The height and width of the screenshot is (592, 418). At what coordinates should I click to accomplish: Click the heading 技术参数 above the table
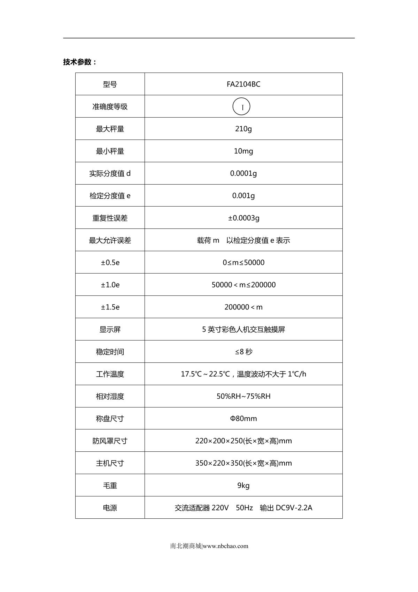pyautogui.click(x=79, y=62)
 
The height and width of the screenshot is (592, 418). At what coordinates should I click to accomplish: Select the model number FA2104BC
pyautogui.click(x=243, y=84)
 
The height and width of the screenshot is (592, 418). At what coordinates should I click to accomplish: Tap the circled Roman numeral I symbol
pyautogui.click(x=241, y=106)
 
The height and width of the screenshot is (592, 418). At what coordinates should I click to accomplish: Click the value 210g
pyautogui.click(x=243, y=129)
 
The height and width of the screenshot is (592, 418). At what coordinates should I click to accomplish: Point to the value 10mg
pyautogui.click(x=243, y=151)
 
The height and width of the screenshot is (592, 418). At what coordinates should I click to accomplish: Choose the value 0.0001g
pyautogui.click(x=243, y=173)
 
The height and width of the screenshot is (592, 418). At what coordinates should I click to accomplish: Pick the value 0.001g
pyautogui.click(x=243, y=196)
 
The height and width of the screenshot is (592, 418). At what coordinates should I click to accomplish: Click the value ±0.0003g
pyautogui.click(x=243, y=218)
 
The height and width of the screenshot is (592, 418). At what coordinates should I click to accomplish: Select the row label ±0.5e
pyautogui.click(x=110, y=263)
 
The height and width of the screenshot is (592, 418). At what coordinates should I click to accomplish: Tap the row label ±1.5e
pyautogui.click(x=110, y=307)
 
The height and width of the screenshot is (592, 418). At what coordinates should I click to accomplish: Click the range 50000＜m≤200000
pyautogui.click(x=243, y=285)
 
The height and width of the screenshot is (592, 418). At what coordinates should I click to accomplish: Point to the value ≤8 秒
pyautogui.click(x=243, y=352)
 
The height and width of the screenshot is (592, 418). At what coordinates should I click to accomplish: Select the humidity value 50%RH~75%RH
pyautogui.click(x=243, y=396)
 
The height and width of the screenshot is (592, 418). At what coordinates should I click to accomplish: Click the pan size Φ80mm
pyautogui.click(x=243, y=419)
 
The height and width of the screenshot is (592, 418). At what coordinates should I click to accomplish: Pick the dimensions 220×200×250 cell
pyautogui.click(x=243, y=441)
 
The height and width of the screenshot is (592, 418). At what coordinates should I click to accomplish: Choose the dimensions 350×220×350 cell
pyautogui.click(x=243, y=463)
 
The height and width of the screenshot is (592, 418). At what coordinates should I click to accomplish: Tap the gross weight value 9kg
pyautogui.click(x=243, y=486)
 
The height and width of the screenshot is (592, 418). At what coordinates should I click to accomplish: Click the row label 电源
pyautogui.click(x=110, y=508)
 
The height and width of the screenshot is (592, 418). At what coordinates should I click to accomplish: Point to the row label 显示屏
pyautogui.click(x=110, y=330)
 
